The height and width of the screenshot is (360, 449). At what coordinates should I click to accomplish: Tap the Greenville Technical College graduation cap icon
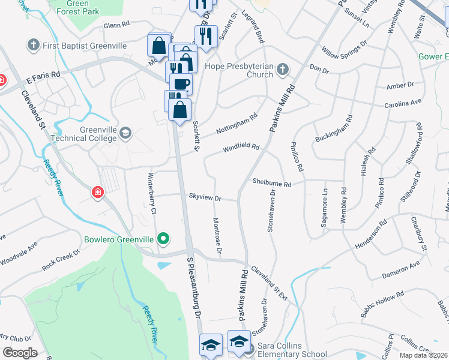pyautogui.click(x=125, y=133)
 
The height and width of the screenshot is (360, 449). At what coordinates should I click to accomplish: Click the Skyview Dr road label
pyautogui.click(x=205, y=197)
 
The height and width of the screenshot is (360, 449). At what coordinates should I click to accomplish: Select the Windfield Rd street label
pyautogui.click(x=241, y=147)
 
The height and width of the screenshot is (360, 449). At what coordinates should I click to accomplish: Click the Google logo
pyautogui.click(x=20, y=352)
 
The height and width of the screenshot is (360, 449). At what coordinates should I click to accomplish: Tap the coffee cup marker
pyautogui.click(x=181, y=83)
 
